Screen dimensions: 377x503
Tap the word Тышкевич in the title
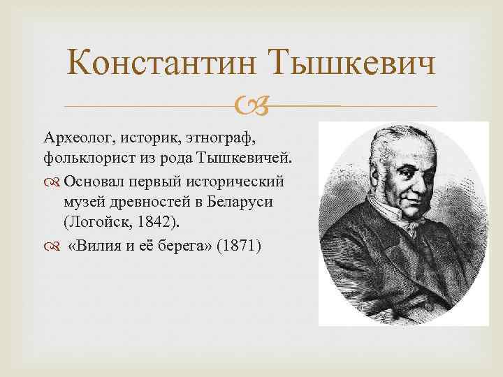tap(351, 66)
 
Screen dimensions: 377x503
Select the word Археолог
tap(72, 134)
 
